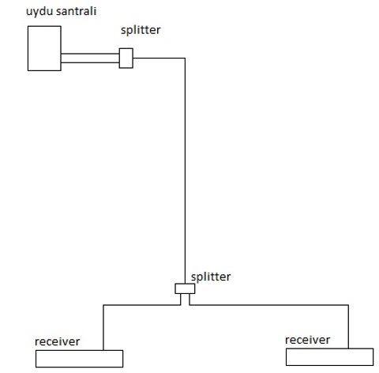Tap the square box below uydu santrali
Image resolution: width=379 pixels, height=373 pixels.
click(43, 48)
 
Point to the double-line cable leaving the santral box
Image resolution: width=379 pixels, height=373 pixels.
click(89, 58)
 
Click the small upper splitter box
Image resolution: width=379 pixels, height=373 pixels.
click(125, 58)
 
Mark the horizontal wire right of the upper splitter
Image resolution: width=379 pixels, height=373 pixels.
click(158, 58)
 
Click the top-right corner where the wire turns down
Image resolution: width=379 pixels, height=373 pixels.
click(185, 58)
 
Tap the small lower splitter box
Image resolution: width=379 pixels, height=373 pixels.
click(184, 288)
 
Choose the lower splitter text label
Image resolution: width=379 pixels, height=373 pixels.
click(212, 277)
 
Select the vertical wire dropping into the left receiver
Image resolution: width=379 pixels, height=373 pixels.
click(103, 326)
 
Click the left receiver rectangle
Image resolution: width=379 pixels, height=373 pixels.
click(79, 358)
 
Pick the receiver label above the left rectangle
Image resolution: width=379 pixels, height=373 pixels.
click(57, 341)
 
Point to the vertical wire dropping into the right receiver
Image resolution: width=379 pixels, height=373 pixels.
click(346, 326)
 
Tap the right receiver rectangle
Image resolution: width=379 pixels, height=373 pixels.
click(329, 356)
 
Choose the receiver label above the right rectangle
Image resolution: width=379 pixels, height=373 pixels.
click(306, 339)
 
